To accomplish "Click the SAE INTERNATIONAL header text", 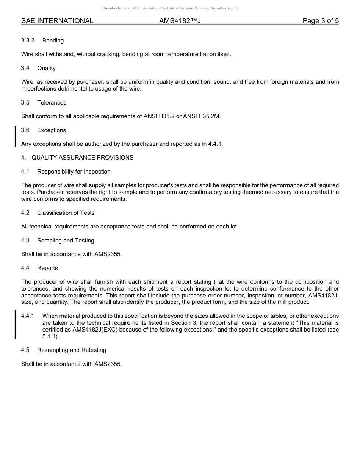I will coord(57,21).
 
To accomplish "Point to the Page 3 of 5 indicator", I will coord(320,21).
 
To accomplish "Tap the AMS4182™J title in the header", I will coord(180,21).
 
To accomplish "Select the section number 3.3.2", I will coord(28,41).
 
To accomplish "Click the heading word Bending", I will coord(53,41).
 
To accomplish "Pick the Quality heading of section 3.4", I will coord(46,68).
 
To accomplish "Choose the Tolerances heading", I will coord(52,103).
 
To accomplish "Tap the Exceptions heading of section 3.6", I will coord(52,130).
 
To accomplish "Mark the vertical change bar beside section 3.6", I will coord(15,137).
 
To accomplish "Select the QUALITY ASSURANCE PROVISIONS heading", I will coord(82,158).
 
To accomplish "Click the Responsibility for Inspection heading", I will coord(74,172).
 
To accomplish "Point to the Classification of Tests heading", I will coord(66,213).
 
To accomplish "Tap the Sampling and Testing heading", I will coord(66,241).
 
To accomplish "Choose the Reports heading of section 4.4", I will coord(47,268).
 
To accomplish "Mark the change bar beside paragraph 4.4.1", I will coord(15,325).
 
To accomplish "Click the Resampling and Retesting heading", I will coord(72,350).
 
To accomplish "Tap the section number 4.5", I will coord(25,350).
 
